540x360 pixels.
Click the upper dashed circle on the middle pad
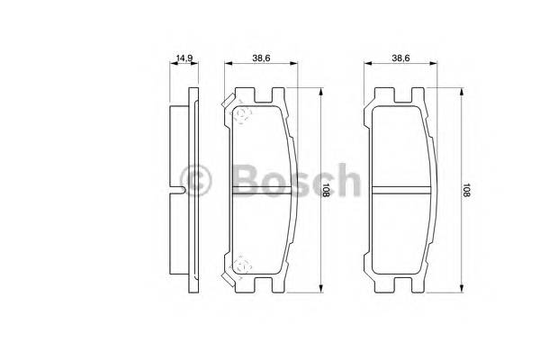(x=240, y=112)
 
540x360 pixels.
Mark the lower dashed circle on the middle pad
(x=240, y=265)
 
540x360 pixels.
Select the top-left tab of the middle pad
(x=240, y=94)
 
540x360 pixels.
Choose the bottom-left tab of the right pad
(x=379, y=285)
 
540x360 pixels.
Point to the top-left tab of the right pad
(x=379, y=94)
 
